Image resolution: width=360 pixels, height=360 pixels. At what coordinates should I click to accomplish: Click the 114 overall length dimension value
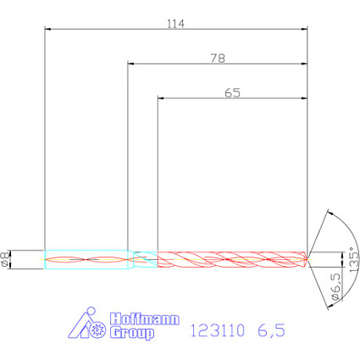(x=175, y=24)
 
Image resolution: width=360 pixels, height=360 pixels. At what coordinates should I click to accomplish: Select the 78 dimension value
(x=218, y=58)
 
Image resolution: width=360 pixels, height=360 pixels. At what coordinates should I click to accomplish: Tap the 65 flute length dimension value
(x=233, y=93)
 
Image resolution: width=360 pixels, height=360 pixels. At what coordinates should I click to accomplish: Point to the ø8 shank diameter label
(x=5, y=259)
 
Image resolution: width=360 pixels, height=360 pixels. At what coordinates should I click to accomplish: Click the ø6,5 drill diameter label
(x=335, y=286)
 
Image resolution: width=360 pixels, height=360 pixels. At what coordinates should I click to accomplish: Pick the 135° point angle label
(x=354, y=260)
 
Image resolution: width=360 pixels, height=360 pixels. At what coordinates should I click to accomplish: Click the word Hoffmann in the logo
(x=145, y=319)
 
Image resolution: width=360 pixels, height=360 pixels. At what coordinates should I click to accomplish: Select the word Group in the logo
(x=132, y=333)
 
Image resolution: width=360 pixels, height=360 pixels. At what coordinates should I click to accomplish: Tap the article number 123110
(x=218, y=330)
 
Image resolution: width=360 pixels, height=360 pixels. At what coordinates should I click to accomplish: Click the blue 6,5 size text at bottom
(x=271, y=330)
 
